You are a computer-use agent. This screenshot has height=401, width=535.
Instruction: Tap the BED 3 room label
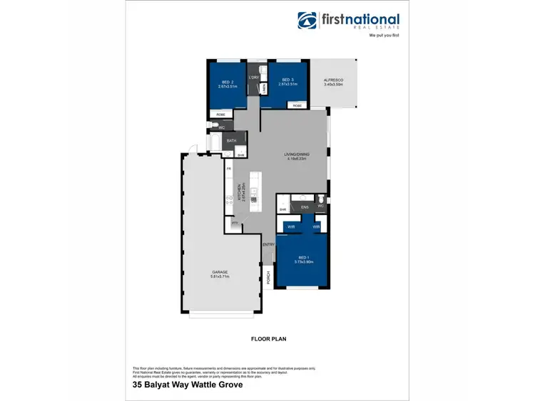pyautogui.click(x=287, y=80)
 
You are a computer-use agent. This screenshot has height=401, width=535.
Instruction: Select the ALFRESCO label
pyautogui.click(x=333, y=80)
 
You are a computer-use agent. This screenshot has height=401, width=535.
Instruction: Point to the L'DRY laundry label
pyautogui.click(x=253, y=77)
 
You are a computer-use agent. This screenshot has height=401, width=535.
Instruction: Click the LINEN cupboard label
pyautogui.click(x=263, y=88)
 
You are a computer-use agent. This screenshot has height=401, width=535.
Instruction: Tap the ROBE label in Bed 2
pyautogui.click(x=220, y=114)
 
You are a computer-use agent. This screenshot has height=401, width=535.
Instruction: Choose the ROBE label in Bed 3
pyautogui.click(x=297, y=105)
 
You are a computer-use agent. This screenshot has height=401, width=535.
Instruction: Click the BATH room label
pyautogui.click(x=231, y=141)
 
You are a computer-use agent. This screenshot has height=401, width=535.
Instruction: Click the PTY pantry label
pyautogui.click(x=234, y=223)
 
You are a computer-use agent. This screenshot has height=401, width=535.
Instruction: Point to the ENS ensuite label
pyautogui.click(x=304, y=207)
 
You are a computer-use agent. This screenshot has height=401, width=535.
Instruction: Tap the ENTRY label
pyautogui.click(x=268, y=244)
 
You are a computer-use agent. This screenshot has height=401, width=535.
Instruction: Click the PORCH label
pyautogui.click(x=267, y=277)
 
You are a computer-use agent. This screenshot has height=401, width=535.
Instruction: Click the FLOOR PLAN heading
pyautogui.click(x=268, y=339)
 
